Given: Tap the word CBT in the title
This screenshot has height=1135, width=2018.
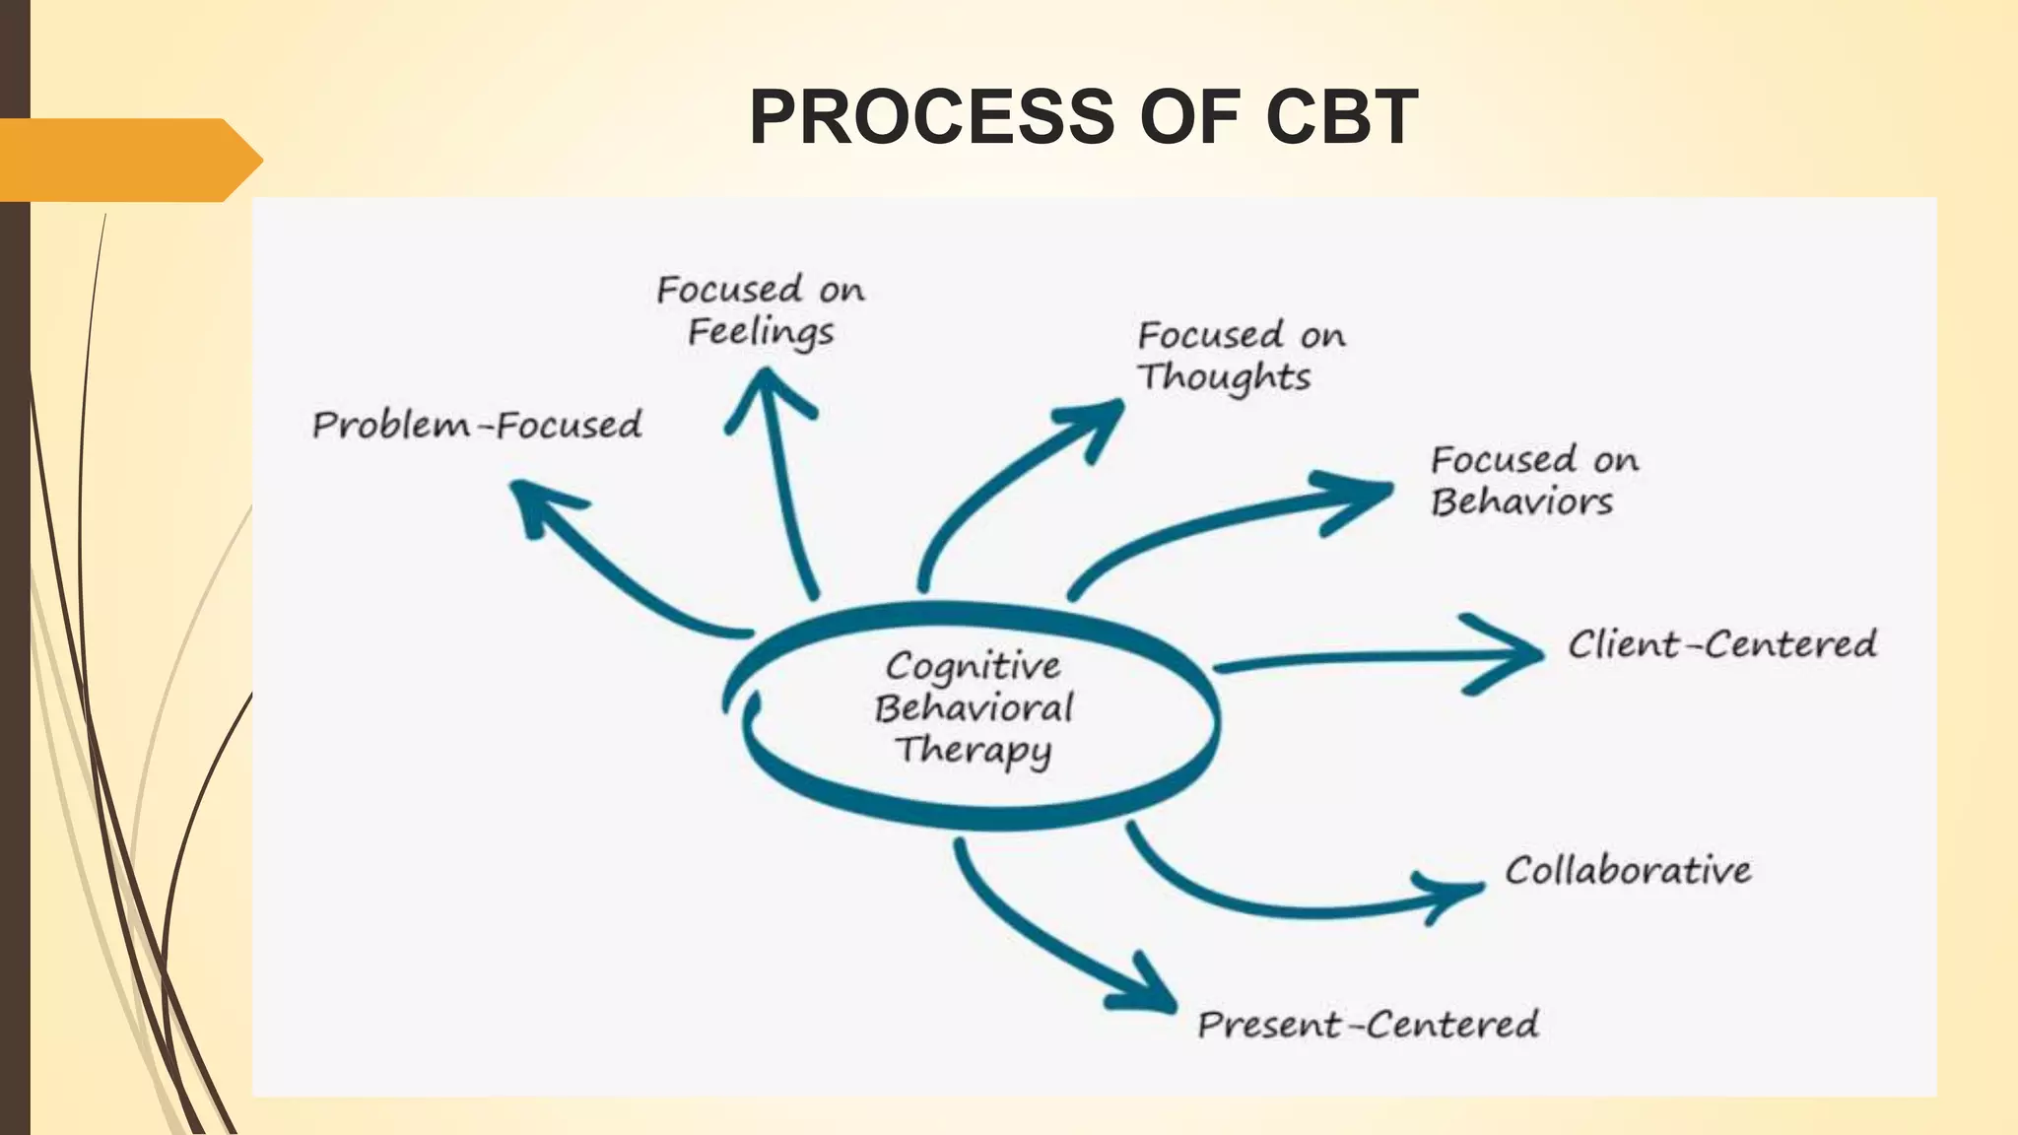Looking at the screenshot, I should (x=1342, y=117).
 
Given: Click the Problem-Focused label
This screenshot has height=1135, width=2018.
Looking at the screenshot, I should (x=477, y=426).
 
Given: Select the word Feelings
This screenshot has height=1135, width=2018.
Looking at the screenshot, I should (x=761, y=332).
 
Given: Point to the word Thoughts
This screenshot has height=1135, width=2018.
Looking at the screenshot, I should (x=1225, y=377).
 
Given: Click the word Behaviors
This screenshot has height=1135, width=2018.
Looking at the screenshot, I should (x=1522, y=502).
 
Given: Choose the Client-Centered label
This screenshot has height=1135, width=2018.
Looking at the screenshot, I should (x=1722, y=644).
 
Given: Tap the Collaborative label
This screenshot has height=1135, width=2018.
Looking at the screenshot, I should (x=1628, y=870).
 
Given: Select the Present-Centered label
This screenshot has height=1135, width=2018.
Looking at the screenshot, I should (x=1368, y=1025).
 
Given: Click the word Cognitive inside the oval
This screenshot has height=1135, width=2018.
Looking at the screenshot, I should (x=974, y=667).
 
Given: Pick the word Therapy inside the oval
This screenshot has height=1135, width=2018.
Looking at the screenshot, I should (x=974, y=750).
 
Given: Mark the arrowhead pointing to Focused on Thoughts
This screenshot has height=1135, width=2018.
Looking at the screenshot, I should (x=1099, y=422).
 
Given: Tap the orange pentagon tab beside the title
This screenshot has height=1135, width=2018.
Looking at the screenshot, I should (x=128, y=160).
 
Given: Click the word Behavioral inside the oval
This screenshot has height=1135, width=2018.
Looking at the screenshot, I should (x=974, y=708).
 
